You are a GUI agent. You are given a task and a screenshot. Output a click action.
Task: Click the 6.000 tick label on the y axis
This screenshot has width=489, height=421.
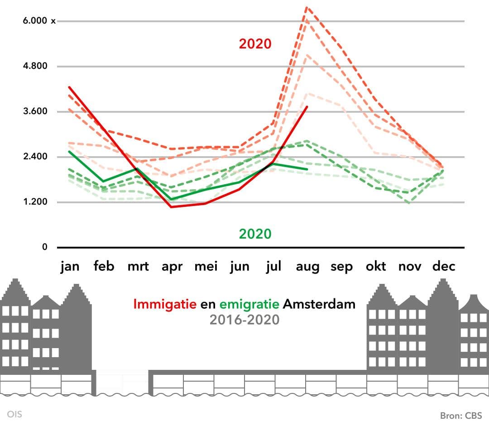coord(35,21)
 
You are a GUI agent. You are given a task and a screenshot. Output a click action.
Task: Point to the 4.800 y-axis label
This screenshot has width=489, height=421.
coord(35,66)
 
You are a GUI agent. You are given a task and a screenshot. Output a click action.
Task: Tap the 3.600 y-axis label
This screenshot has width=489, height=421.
coord(35,111)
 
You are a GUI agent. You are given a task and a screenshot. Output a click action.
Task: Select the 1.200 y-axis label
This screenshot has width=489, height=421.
coord(35,202)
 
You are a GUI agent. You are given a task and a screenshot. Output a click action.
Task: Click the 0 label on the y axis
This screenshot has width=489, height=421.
coord(45,247)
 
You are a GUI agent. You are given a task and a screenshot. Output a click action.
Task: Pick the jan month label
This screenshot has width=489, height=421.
coord(70,266)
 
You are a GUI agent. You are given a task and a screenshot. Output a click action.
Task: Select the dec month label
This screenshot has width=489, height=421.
coord(444,266)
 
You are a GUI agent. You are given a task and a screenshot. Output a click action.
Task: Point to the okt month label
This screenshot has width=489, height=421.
coord(376,266)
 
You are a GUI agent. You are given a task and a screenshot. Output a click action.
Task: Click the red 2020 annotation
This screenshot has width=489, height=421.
coord(255,44)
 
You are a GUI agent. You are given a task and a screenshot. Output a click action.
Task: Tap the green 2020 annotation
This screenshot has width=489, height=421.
coord(255,234)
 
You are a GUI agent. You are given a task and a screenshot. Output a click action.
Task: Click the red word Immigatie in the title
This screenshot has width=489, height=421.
coord(165,304)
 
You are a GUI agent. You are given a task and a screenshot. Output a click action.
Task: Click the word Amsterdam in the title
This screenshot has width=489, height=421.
coord(319,304)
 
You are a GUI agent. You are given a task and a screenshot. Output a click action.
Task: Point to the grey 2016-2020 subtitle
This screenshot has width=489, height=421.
coord(244,320)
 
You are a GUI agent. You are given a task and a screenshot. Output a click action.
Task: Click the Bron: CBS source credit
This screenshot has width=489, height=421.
coord(461,415)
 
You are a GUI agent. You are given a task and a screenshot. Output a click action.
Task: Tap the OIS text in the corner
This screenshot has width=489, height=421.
coord(14,414)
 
